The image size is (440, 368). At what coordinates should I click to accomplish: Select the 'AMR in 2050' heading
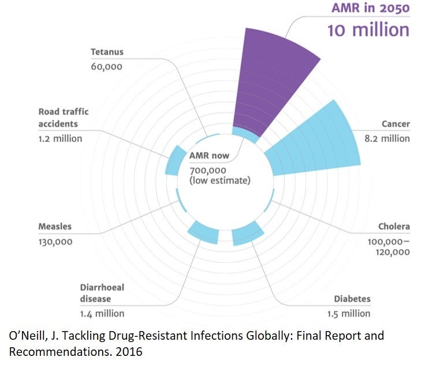(x=370, y=8)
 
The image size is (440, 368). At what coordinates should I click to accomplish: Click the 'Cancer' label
(x=396, y=124)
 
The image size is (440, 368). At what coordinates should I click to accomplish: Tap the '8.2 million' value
(x=388, y=138)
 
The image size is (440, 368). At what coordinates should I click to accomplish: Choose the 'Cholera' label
(x=394, y=226)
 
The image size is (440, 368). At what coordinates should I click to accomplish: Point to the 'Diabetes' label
(x=352, y=299)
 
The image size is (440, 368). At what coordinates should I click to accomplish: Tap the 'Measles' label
(x=55, y=227)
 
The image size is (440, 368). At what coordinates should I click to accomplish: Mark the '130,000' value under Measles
(x=55, y=242)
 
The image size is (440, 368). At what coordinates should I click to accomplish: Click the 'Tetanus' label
(x=107, y=52)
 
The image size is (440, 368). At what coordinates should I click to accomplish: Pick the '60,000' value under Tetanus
(x=106, y=66)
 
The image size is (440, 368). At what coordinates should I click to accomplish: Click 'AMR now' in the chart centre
(x=209, y=156)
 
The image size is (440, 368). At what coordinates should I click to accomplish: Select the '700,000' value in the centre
(x=208, y=171)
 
